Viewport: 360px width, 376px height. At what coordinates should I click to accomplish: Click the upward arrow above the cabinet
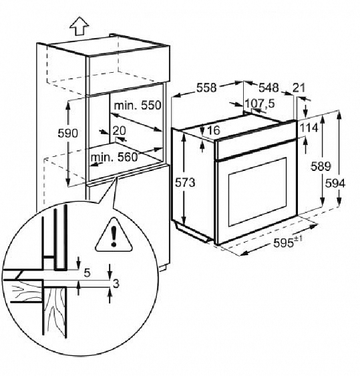[x=79, y=26]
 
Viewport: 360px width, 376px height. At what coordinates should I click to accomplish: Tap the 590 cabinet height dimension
[x=68, y=134]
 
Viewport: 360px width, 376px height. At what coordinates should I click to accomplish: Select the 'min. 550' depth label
[x=138, y=106]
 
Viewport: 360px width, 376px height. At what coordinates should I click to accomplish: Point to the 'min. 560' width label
[x=114, y=158]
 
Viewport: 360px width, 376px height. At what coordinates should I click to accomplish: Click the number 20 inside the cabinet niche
[x=119, y=131]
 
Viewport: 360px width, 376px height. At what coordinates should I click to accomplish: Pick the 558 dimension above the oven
[x=206, y=87]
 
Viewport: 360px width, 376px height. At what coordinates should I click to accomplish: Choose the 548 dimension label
[x=268, y=87]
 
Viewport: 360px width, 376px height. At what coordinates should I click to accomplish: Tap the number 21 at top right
[x=299, y=87]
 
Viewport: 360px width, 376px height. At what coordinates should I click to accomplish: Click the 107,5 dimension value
[x=260, y=104]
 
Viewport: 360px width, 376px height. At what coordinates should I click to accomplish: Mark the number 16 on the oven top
[x=213, y=130]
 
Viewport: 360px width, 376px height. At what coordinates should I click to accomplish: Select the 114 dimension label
[x=309, y=128]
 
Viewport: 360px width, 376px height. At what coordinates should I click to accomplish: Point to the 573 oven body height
[x=185, y=183]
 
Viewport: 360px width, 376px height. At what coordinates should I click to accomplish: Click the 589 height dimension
[x=321, y=166]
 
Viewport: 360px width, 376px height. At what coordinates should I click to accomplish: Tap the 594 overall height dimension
[x=335, y=184]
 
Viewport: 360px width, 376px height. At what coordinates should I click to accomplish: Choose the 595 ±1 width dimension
[x=288, y=242]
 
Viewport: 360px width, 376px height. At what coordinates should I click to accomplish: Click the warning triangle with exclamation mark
[x=114, y=236]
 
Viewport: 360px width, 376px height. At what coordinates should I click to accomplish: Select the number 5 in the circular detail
[x=87, y=273]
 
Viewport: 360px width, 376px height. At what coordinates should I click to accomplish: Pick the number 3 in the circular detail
[x=116, y=284]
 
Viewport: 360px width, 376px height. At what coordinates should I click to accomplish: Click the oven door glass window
[x=257, y=192]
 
